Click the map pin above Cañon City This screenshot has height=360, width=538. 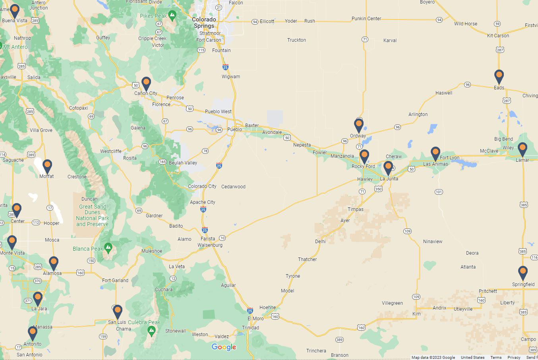click(146, 83)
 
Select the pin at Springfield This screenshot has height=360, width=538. click(523, 273)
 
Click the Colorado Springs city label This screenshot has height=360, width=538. click(204, 22)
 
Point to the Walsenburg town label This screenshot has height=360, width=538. click(210, 245)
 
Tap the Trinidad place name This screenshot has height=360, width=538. click(250, 328)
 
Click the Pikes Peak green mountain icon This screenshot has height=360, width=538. click(172, 16)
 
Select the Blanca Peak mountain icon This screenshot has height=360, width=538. click(108, 248)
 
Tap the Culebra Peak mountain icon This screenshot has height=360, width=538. click(151, 330)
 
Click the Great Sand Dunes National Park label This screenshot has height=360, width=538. click(93, 215)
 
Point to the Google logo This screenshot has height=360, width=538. click(224, 347)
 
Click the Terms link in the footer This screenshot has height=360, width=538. click(496, 357)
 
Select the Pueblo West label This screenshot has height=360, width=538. click(218, 112)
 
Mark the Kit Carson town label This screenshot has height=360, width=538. click(498, 36)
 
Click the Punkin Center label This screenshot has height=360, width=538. click(366, 19)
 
